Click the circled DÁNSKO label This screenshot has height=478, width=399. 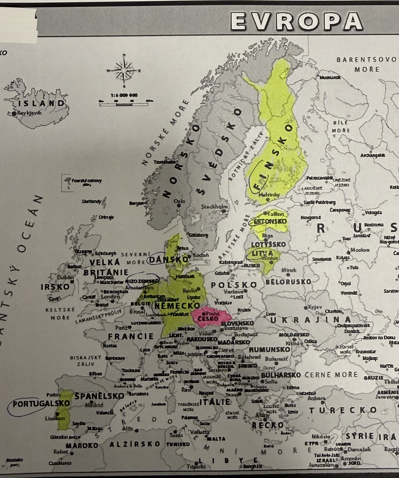click(168, 259)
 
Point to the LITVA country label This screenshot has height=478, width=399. click(259, 254)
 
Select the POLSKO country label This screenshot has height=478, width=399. click(234, 285)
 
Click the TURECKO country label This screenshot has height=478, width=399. click(343, 410)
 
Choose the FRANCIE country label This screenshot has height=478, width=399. click(131, 336)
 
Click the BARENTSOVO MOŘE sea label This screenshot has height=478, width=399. click(358, 64)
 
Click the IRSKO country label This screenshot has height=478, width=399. click(55, 287)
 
